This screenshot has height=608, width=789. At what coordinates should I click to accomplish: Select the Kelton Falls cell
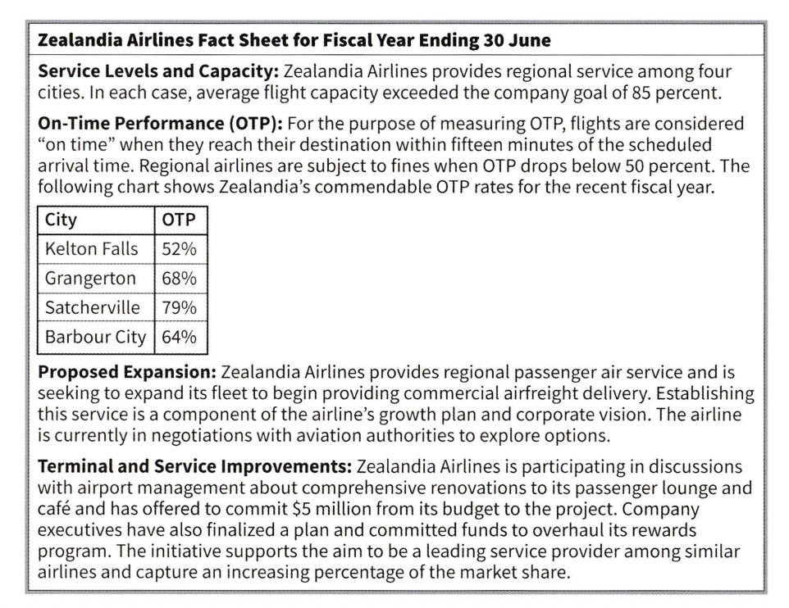92,251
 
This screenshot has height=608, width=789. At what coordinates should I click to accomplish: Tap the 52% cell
180,251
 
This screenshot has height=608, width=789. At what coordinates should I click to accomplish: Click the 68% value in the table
180,279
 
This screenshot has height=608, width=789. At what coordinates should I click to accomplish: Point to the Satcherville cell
93,308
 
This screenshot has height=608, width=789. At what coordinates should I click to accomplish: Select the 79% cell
180,308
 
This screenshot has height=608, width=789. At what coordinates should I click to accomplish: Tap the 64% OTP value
180,337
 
